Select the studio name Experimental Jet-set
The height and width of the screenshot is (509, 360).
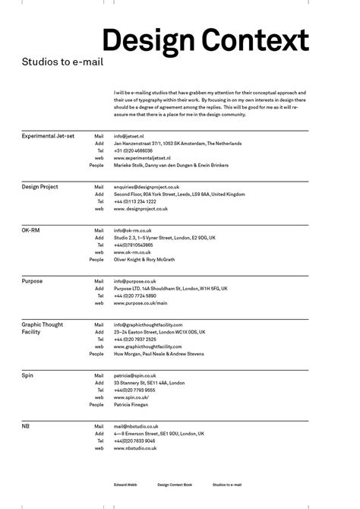(49, 135)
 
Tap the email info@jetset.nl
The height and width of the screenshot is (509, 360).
(129, 135)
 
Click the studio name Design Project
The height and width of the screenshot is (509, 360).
(39, 186)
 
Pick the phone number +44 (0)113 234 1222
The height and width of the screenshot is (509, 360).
(135, 201)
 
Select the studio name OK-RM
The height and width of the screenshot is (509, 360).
(33, 229)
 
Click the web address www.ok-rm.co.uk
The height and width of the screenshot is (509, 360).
(133, 251)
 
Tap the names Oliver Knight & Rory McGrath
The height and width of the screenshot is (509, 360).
(144, 259)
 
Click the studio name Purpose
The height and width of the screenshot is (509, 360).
(32, 281)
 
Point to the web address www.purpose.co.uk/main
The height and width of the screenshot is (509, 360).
(141, 303)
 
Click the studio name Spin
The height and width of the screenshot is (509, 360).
(27, 375)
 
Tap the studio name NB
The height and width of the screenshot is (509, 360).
(26, 426)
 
